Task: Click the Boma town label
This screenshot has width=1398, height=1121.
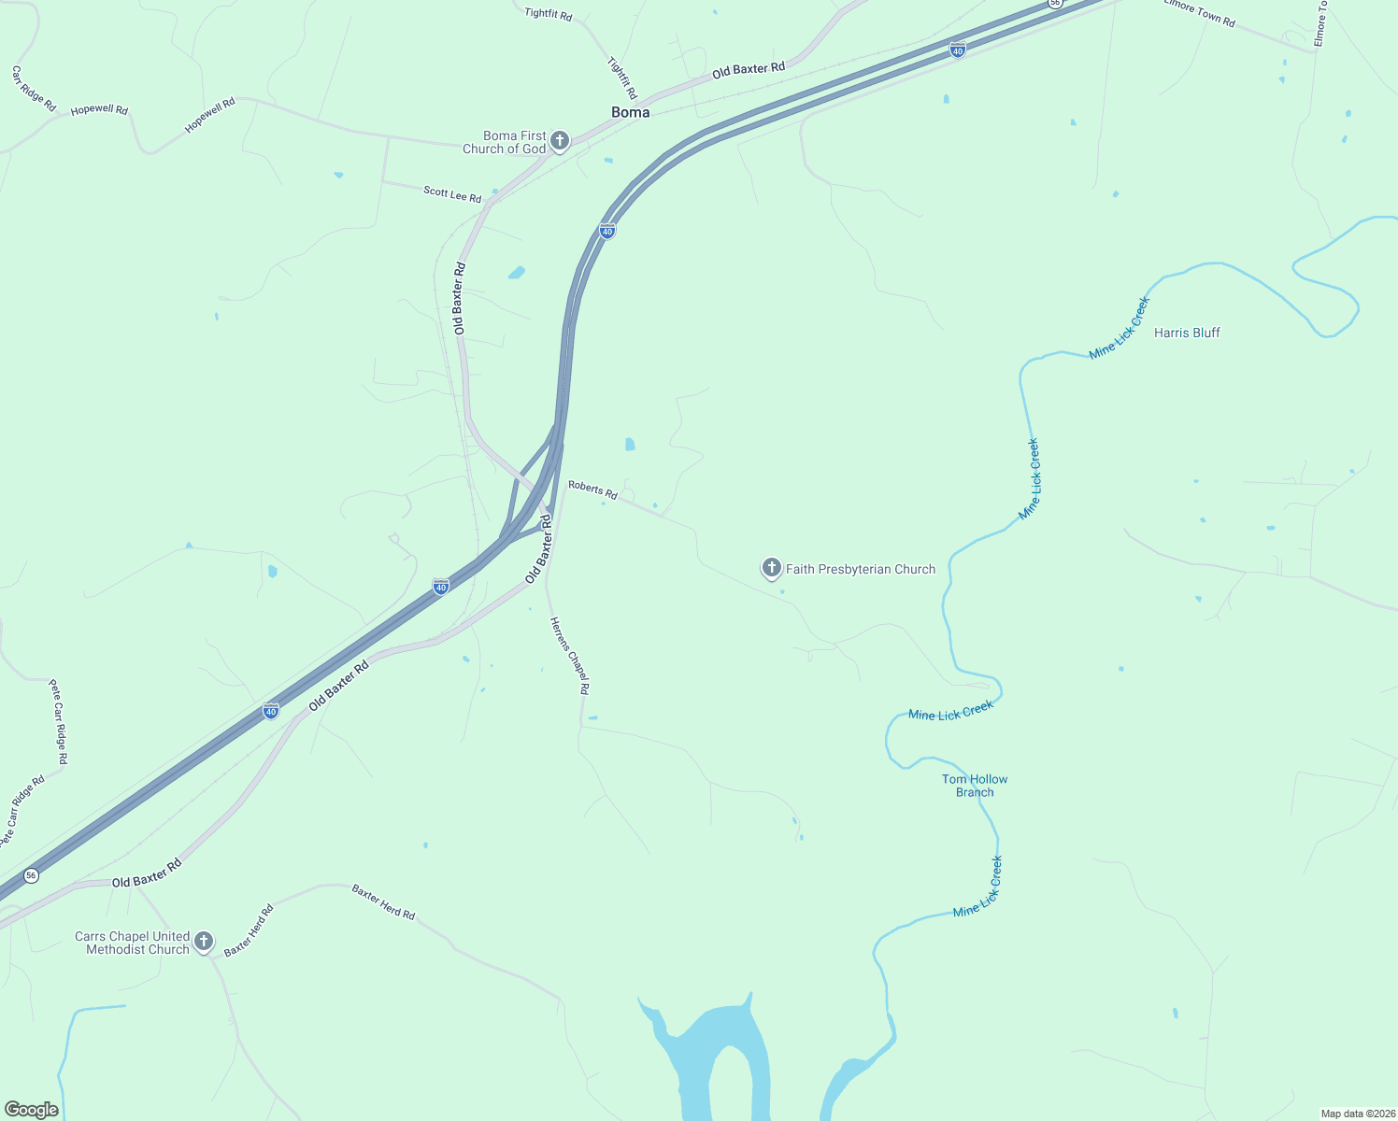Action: point(630,112)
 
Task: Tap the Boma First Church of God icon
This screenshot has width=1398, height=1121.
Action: point(560,141)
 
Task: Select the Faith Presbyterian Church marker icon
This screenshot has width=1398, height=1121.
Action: point(771,567)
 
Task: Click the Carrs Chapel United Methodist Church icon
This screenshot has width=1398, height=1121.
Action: point(204,941)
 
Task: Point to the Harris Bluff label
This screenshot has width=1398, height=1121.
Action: point(1187,333)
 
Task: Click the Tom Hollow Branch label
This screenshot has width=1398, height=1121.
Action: point(975,786)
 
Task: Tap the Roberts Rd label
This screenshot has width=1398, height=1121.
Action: point(592,490)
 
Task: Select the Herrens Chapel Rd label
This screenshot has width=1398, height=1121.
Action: point(570,656)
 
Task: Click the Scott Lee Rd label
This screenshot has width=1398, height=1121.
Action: point(452,194)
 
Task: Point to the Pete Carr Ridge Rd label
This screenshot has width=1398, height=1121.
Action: point(59,721)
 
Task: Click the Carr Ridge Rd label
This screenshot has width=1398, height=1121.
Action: point(34,88)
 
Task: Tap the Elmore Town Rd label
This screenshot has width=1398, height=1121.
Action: point(1200,13)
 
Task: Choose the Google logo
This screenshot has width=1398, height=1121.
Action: point(31,1110)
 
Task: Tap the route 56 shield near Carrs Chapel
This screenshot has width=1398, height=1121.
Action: point(32,875)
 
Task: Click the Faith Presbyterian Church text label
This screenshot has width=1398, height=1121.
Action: point(860,569)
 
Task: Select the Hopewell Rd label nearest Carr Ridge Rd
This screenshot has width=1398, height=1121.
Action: point(99,109)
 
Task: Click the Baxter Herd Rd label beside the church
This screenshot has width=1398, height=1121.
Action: point(249,929)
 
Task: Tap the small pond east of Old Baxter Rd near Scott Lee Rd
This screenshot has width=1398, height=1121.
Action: point(516,273)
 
